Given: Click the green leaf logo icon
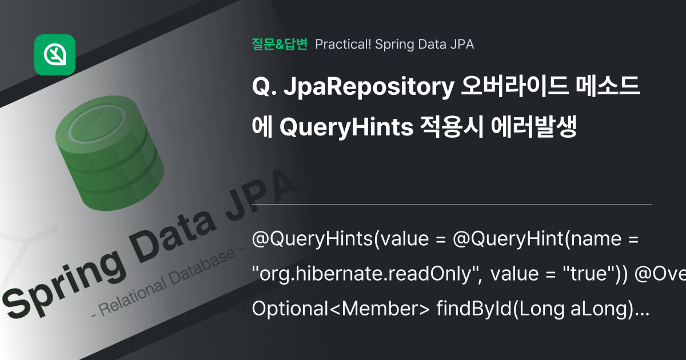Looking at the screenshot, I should pyautogui.click(x=55, y=55).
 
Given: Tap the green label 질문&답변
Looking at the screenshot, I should pyautogui.click(x=280, y=44).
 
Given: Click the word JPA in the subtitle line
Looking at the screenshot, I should pyautogui.click(x=461, y=44).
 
